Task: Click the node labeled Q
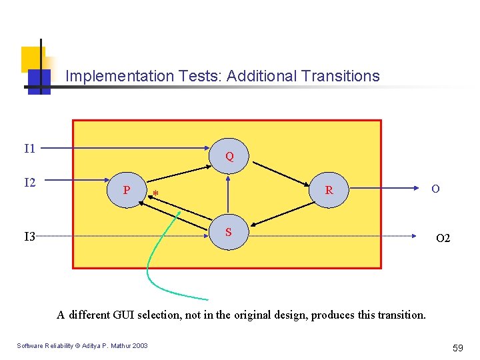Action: (x=229, y=157)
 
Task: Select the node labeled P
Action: (x=127, y=190)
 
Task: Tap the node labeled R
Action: (x=329, y=190)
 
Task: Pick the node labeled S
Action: (x=229, y=232)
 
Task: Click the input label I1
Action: (x=29, y=148)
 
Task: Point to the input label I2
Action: (x=29, y=182)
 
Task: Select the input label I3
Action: (x=29, y=235)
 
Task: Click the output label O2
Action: (x=443, y=238)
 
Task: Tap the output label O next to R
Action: (x=435, y=189)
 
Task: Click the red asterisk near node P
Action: (x=155, y=195)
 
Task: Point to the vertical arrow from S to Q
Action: (x=229, y=197)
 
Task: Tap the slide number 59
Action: (x=457, y=347)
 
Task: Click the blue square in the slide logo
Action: (x=39, y=79)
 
